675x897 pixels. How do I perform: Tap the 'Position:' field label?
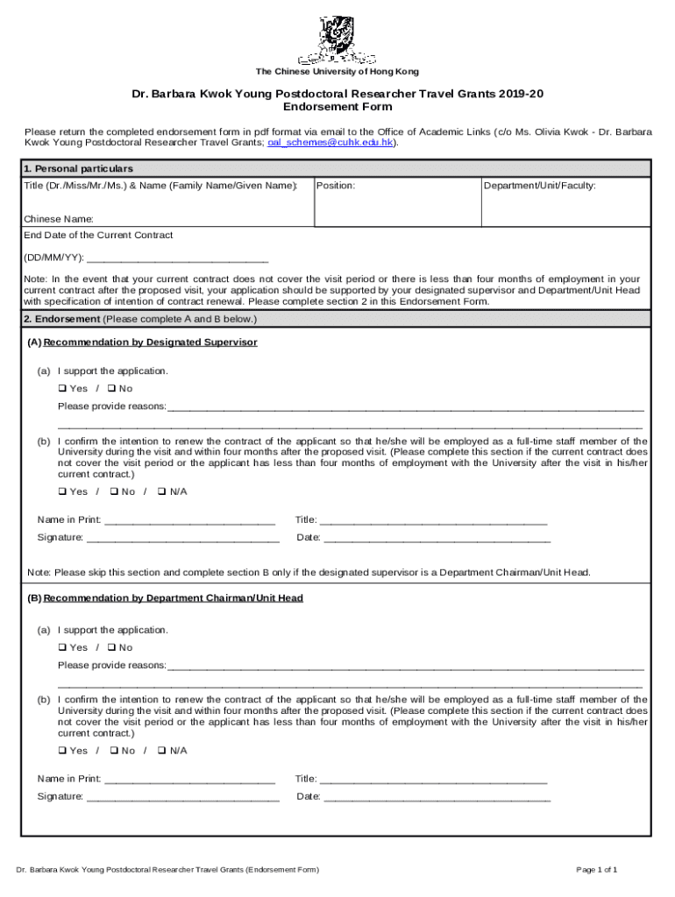(335, 186)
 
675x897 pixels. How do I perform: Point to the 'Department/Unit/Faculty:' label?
(540, 186)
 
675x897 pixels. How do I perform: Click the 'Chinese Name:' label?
(59, 218)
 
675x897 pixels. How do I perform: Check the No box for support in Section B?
(112, 647)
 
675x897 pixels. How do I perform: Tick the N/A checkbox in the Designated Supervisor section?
(162, 491)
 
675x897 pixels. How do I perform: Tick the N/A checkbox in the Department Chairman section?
(162, 751)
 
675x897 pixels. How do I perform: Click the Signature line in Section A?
(182, 538)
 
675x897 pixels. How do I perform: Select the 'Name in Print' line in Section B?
(189, 779)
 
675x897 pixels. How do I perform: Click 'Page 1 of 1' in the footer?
(596, 870)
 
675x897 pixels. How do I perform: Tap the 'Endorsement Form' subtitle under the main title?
(337, 108)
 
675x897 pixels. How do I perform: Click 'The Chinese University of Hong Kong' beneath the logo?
(337, 72)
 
